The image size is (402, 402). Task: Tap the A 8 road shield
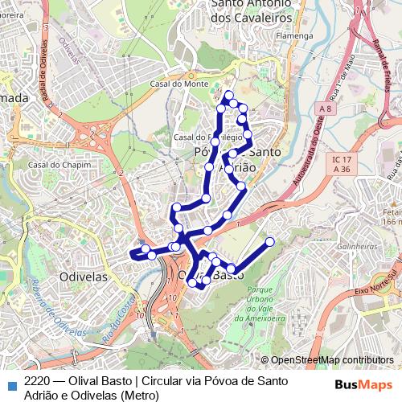click(x=324, y=109)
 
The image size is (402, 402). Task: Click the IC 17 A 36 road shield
click(x=342, y=165)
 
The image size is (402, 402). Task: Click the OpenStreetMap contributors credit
click(x=332, y=360)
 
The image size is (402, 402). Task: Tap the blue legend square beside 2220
click(x=10, y=382)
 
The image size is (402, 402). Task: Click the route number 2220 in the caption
click(x=39, y=381)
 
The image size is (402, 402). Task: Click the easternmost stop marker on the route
click(x=270, y=241)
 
